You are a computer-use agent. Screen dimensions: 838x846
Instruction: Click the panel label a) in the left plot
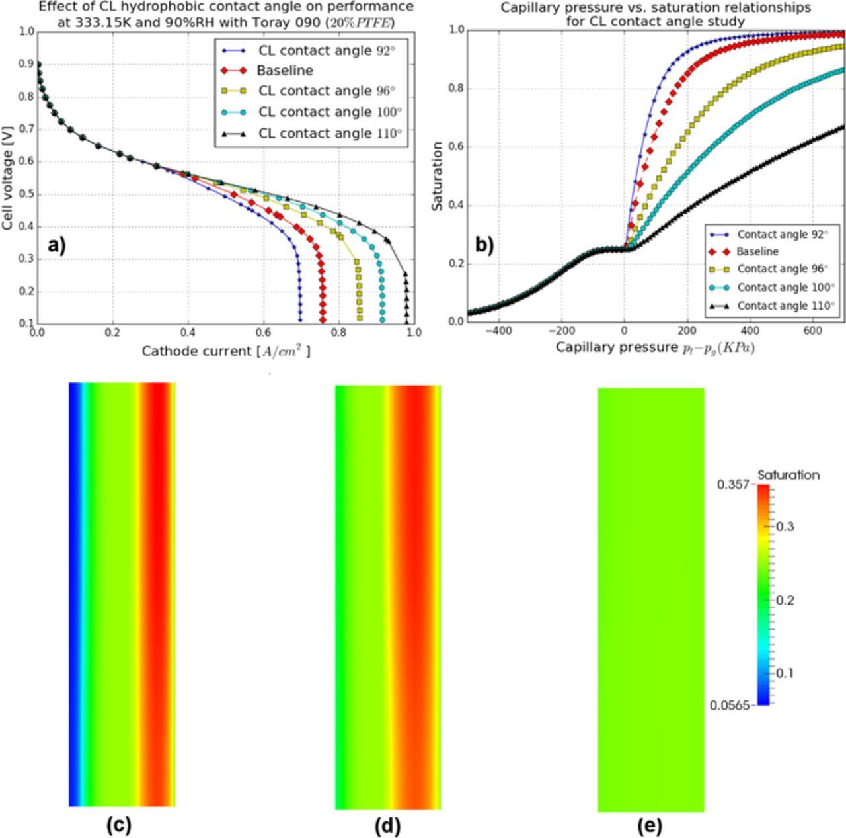pos(57,245)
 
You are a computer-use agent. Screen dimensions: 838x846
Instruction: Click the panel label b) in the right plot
pos(484,245)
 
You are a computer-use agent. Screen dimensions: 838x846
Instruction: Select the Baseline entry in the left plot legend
pos(285,71)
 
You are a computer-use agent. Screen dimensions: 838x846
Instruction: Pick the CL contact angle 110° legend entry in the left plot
pos(330,133)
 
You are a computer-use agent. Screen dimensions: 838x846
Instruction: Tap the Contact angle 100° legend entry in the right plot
pos(786,287)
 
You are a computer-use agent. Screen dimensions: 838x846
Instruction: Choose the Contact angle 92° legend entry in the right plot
pos(783,234)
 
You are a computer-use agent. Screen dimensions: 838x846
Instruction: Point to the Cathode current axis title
pos(225,351)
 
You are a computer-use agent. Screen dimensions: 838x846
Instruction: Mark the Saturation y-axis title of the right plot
pos(437,175)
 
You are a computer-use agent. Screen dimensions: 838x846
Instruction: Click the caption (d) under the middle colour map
pos(387,826)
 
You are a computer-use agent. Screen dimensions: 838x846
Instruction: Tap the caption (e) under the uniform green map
pos(650,826)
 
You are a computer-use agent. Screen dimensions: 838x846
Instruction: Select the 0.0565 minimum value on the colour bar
pos(730,705)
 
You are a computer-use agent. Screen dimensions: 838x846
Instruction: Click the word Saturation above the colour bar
pos(788,475)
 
